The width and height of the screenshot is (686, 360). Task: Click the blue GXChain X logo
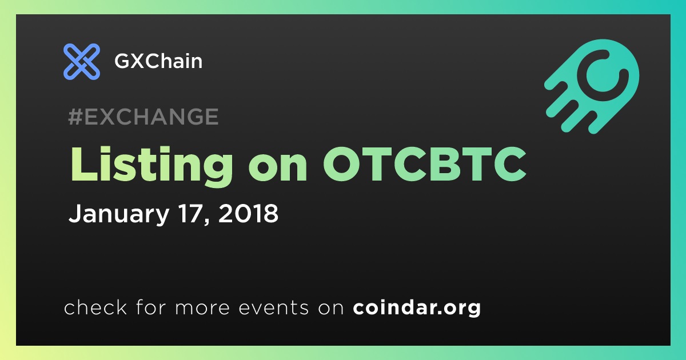click(81, 62)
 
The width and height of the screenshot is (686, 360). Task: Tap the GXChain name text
click(158, 61)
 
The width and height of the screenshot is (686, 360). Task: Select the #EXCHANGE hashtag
click(143, 117)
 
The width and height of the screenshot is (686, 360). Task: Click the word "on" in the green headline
click(278, 168)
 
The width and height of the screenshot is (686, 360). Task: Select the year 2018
click(248, 213)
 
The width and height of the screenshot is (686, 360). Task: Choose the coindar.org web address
click(417, 307)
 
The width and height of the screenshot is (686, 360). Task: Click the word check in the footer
click(95, 307)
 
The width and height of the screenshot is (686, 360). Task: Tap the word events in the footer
click(273, 307)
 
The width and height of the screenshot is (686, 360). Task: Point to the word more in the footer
click(202, 308)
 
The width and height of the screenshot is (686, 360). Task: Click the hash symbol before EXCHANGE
click(75, 117)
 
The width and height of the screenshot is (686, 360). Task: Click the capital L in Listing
click(83, 164)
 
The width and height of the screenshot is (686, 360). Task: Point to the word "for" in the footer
click(151, 307)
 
